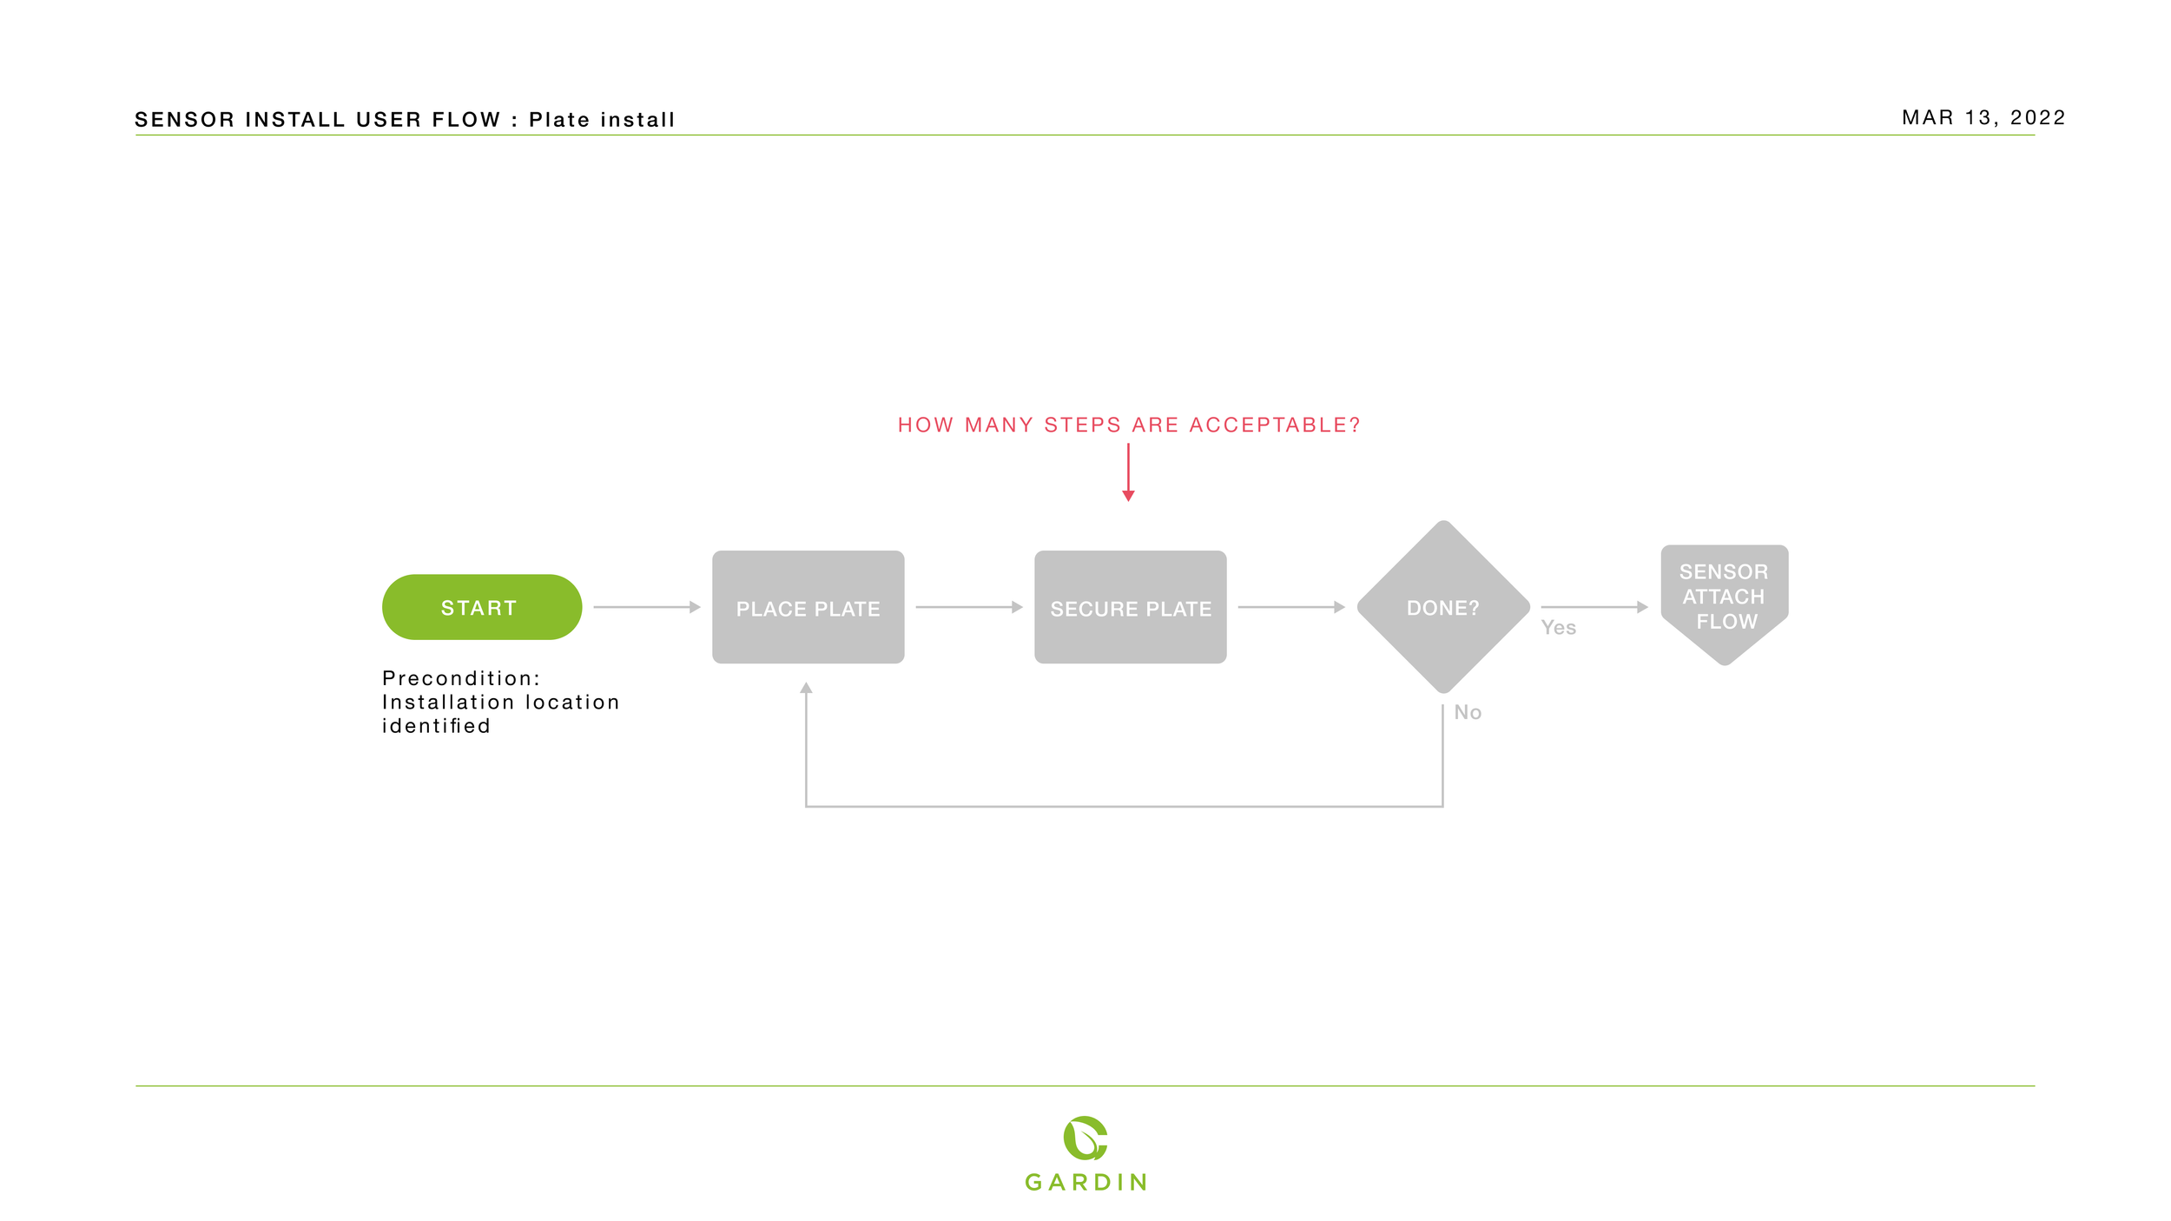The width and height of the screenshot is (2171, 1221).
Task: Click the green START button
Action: coord(482,607)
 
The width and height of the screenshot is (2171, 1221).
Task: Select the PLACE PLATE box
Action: coord(808,607)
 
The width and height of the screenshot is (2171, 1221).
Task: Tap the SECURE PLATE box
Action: coord(1130,607)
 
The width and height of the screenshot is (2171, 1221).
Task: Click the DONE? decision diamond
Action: coord(1442,607)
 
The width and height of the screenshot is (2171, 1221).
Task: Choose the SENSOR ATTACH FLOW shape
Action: coord(1724,599)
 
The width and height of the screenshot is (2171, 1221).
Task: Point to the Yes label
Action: coord(1558,628)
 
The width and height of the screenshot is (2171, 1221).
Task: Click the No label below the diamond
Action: coord(1468,712)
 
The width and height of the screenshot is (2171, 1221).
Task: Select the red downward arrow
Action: coord(1128,472)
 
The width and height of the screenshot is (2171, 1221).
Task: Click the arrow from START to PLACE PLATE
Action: coord(646,607)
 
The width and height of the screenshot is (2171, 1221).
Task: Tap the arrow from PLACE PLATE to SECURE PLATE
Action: coord(968,607)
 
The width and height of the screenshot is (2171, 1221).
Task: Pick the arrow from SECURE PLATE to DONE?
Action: coord(1290,607)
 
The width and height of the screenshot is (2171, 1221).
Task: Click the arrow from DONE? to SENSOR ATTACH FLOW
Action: coord(1594,607)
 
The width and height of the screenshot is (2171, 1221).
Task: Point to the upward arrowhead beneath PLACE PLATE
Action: coord(806,688)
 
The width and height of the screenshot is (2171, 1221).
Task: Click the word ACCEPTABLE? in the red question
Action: coord(1274,426)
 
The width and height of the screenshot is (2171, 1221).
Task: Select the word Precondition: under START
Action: coord(461,678)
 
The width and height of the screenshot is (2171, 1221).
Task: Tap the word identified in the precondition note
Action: coord(436,726)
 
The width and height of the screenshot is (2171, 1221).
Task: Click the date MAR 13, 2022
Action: coord(1983,118)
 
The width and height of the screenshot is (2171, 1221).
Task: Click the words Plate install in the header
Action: coord(601,120)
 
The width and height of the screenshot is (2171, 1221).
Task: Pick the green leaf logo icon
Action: coord(1085,1138)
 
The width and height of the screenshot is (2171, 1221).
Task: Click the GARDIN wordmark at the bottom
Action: coord(1085,1182)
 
